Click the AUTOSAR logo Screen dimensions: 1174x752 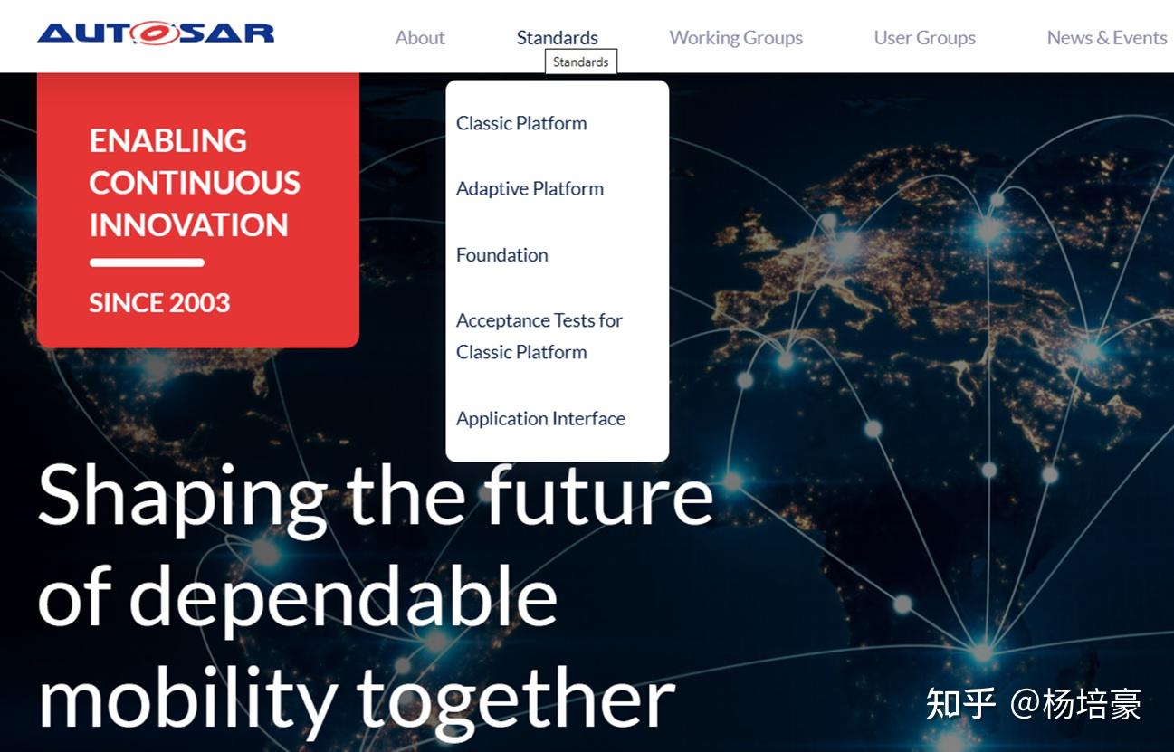156,33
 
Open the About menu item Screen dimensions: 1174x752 420,38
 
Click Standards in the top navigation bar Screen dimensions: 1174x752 557,38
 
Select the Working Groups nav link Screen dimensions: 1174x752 736,38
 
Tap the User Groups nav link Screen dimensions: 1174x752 924,38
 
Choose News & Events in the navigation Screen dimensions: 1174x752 1107,38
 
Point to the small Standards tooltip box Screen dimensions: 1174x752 581,62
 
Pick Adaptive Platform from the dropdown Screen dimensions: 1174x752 530,188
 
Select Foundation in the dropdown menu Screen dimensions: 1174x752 502,254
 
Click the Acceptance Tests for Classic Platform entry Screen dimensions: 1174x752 539,336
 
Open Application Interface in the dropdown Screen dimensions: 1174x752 541,419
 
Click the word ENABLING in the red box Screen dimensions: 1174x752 168,140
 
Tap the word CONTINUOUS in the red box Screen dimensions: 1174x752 195,183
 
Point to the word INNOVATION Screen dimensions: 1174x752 188,224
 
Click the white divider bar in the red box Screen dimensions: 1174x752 147,262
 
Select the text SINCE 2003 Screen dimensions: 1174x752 159,303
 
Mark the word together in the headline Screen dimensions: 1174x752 516,700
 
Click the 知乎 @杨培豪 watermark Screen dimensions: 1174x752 1033,704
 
